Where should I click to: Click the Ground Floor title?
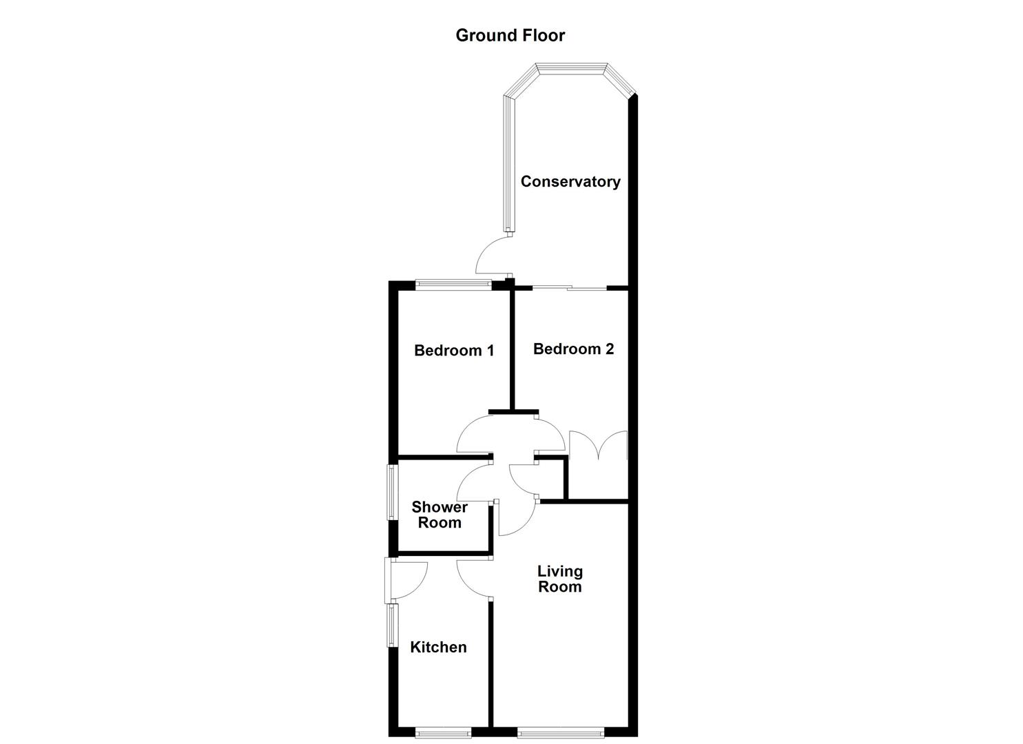click(x=510, y=35)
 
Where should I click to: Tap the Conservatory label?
click(x=570, y=182)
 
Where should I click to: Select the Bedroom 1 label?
click(x=454, y=351)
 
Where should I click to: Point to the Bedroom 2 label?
click(x=573, y=349)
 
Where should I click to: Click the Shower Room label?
click(x=440, y=515)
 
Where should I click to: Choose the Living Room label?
click(x=559, y=579)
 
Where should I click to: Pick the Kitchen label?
click(x=438, y=648)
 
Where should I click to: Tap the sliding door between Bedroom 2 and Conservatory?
click(x=569, y=288)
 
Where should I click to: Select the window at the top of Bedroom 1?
click(x=453, y=284)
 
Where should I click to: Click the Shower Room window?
click(x=391, y=493)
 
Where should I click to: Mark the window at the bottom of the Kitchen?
click(x=444, y=732)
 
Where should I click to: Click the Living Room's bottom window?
click(x=561, y=732)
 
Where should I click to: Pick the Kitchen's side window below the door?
click(x=392, y=625)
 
